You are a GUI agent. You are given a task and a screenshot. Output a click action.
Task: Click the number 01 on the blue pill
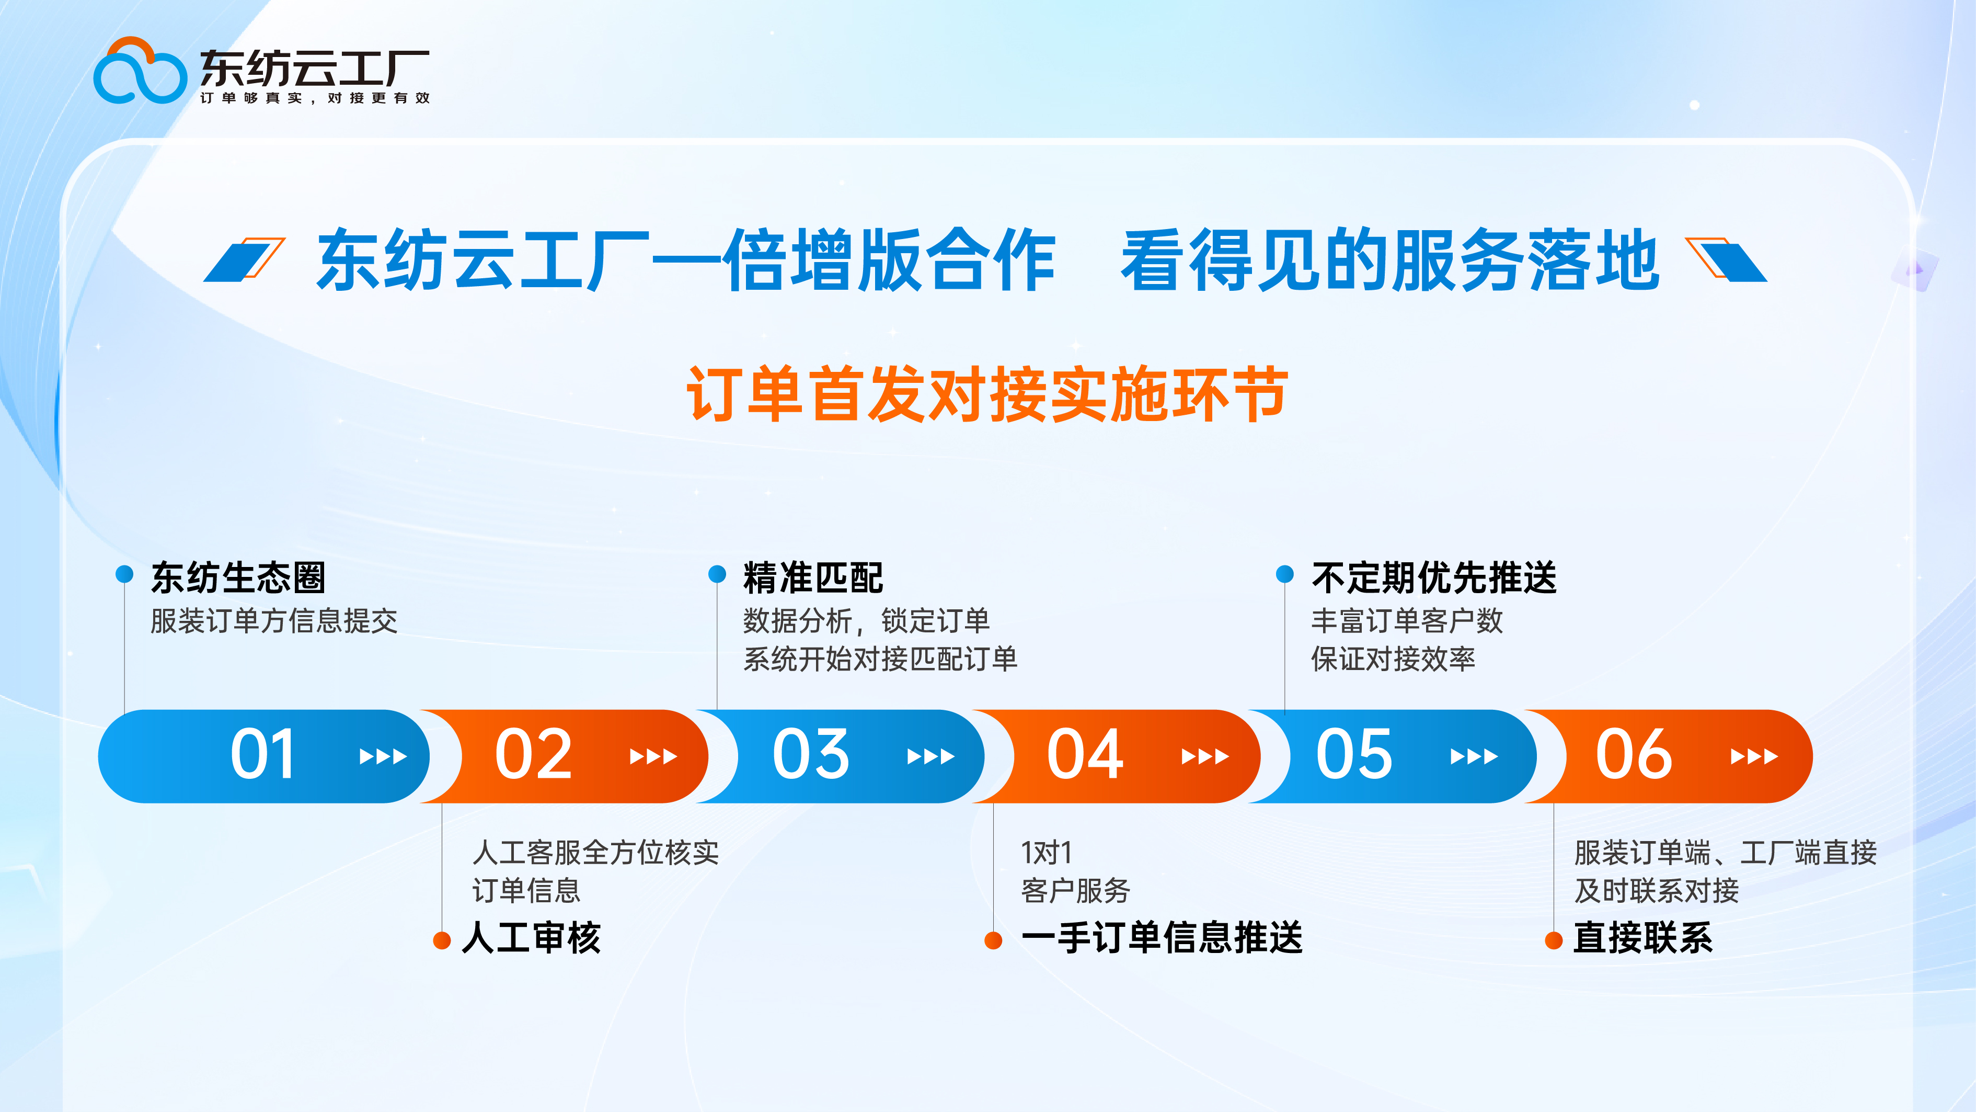262,755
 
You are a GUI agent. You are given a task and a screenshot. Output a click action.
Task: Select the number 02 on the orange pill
533,755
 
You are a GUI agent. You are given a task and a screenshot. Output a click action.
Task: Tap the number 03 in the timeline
811,755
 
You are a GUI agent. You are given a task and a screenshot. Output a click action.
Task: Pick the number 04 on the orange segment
1085,755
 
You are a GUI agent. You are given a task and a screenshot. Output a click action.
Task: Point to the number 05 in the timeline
1354,755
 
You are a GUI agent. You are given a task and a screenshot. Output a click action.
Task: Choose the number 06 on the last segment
1634,755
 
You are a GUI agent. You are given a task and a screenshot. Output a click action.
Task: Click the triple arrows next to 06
1754,757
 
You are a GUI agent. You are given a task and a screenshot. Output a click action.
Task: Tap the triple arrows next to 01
383,757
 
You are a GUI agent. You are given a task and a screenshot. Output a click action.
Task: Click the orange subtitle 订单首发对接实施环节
987,394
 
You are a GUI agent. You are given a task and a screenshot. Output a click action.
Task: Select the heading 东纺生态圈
238,577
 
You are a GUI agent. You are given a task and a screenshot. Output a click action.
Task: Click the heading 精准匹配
813,577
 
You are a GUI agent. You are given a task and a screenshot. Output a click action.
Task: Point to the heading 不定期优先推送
1434,577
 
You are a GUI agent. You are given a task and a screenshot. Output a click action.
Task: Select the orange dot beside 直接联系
1553,940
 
